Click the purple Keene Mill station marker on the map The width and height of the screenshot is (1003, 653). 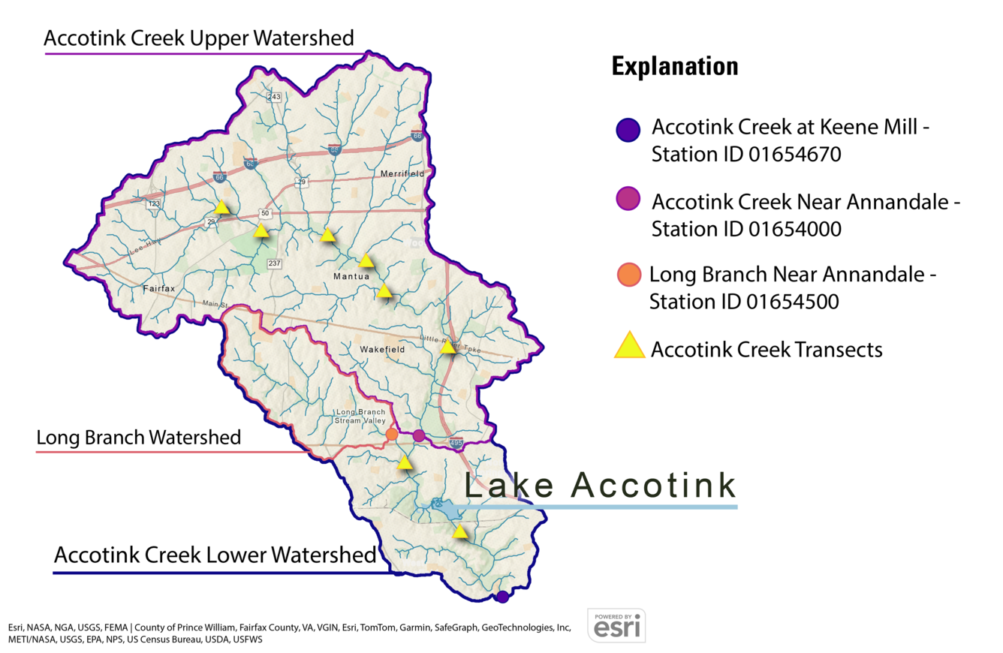point(502,597)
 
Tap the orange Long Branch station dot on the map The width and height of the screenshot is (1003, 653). point(391,434)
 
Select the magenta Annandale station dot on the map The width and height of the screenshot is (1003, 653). point(419,435)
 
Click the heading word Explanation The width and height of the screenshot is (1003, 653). point(674,66)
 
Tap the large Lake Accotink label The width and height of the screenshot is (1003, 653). point(600,486)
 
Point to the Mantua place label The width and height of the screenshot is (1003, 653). point(351,277)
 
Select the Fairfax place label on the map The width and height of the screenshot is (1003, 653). point(159,287)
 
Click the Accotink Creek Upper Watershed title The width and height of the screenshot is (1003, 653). point(199,39)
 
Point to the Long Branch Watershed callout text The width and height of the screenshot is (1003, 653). point(139,438)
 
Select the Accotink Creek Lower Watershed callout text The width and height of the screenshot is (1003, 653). point(214,556)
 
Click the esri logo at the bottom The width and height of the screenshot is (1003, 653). point(616,625)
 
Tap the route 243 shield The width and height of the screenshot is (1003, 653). point(274,97)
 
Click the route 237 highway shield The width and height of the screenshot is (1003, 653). point(274,263)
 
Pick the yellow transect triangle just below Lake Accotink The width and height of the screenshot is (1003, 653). point(460,532)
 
